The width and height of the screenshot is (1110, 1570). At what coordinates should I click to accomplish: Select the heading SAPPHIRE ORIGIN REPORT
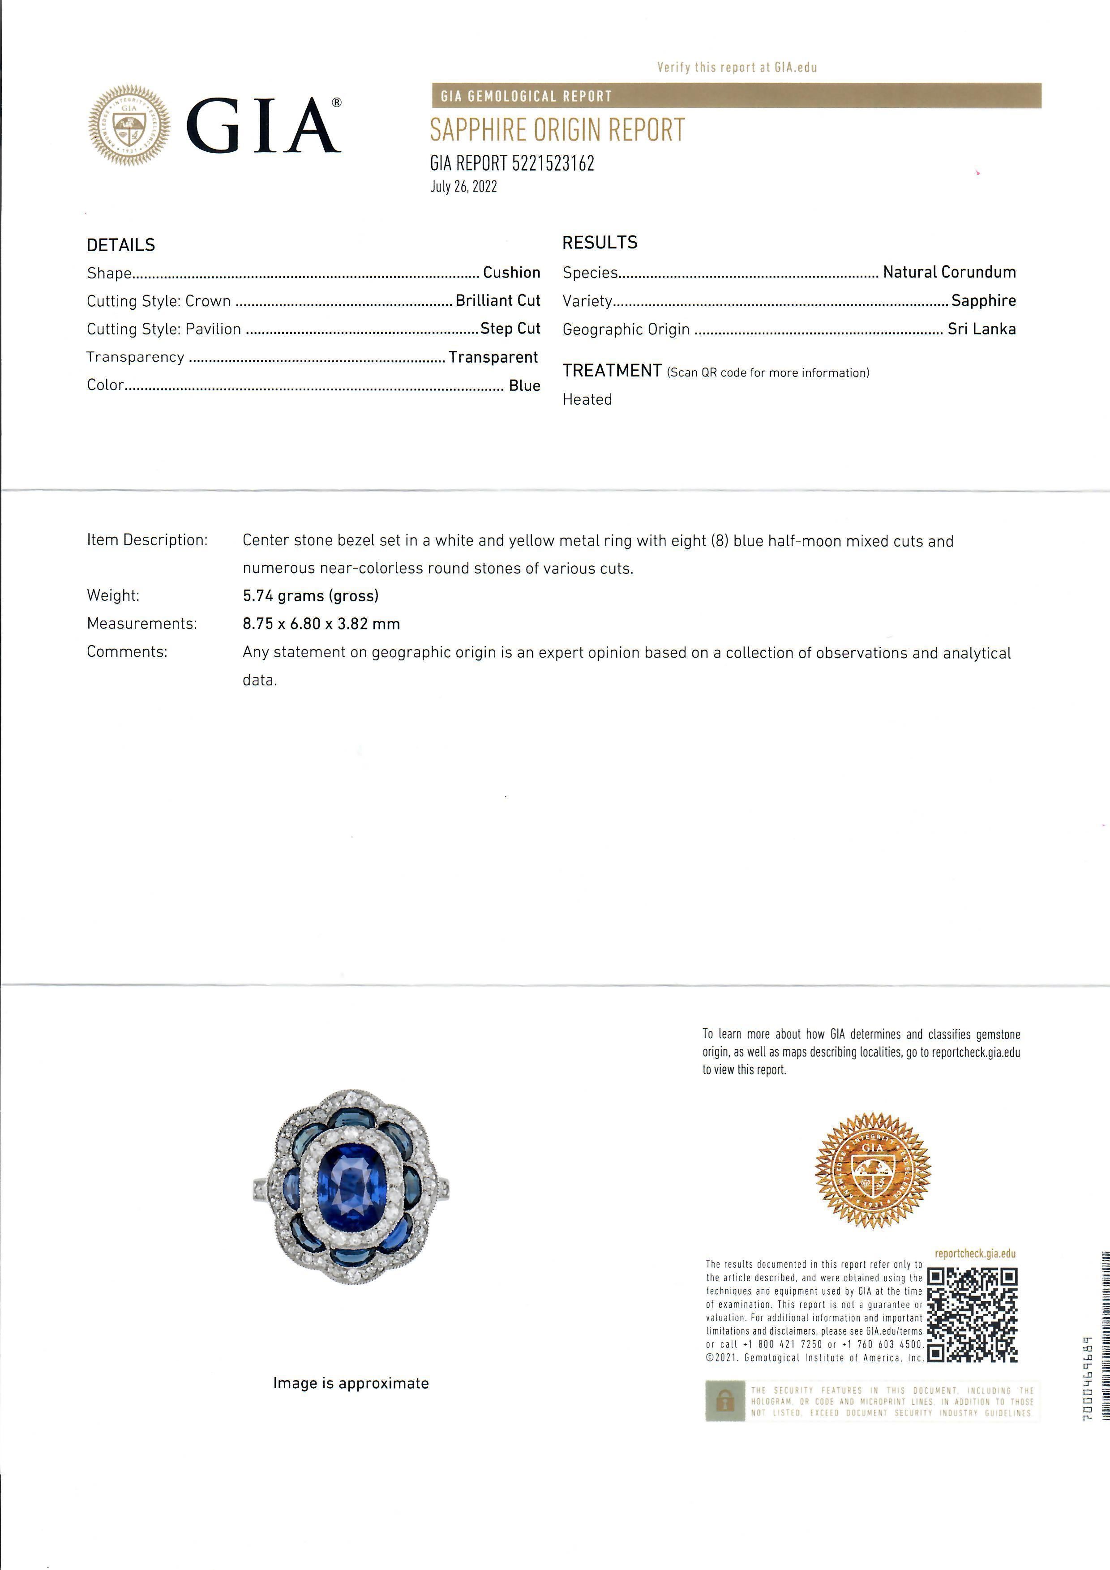pyautogui.click(x=557, y=130)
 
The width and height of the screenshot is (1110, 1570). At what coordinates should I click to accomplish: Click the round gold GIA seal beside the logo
pyautogui.click(x=129, y=125)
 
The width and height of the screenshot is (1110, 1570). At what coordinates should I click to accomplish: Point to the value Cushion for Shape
pyautogui.click(x=512, y=272)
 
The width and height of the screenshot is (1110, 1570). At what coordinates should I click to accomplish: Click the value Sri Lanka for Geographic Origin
pyautogui.click(x=981, y=329)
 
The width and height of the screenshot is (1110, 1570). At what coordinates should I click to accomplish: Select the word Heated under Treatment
pyautogui.click(x=587, y=399)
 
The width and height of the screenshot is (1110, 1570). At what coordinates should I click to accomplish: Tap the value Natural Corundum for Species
pyautogui.click(x=949, y=272)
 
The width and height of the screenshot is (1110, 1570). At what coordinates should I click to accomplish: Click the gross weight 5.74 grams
pyautogui.click(x=310, y=595)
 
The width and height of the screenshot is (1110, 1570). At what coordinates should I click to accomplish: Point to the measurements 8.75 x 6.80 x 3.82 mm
pyautogui.click(x=321, y=624)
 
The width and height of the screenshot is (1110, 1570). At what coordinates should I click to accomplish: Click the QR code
pyautogui.click(x=972, y=1314)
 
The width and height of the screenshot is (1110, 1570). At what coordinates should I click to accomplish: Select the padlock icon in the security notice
pyautogui.click(x=724, y=1420)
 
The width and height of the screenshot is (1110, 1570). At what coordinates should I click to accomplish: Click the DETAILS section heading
pyautogui.click(x=121, y=245)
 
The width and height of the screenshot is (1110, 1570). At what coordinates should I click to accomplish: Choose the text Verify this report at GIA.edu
pyautogui.click(x=737, y=67)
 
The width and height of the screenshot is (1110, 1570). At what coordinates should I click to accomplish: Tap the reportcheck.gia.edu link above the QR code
pyautogui.click(x=975, y=1254)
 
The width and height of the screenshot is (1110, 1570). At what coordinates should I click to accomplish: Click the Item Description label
pyautogui.click(x=147, y=540)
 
